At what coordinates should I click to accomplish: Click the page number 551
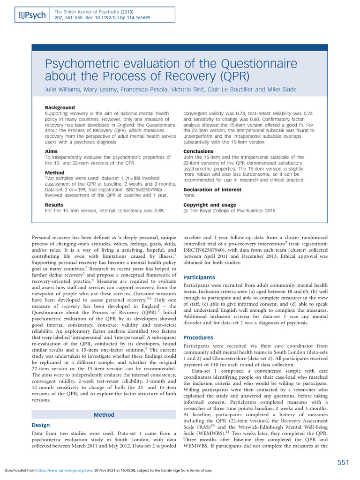[344, 462]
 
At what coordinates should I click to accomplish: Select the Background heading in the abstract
[60, 108]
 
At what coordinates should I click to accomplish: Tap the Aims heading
[52, 151]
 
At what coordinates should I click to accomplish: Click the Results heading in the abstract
[54, 205]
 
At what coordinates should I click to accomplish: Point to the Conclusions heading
[198, 151]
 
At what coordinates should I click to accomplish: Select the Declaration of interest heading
[212, 190]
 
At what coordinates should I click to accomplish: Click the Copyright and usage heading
[210, 205]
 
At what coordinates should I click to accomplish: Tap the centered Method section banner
[104, 415]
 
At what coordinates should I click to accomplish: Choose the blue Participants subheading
[199, 277]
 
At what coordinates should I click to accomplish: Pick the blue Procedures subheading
[198, 337]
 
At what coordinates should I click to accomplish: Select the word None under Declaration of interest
[189, 195]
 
